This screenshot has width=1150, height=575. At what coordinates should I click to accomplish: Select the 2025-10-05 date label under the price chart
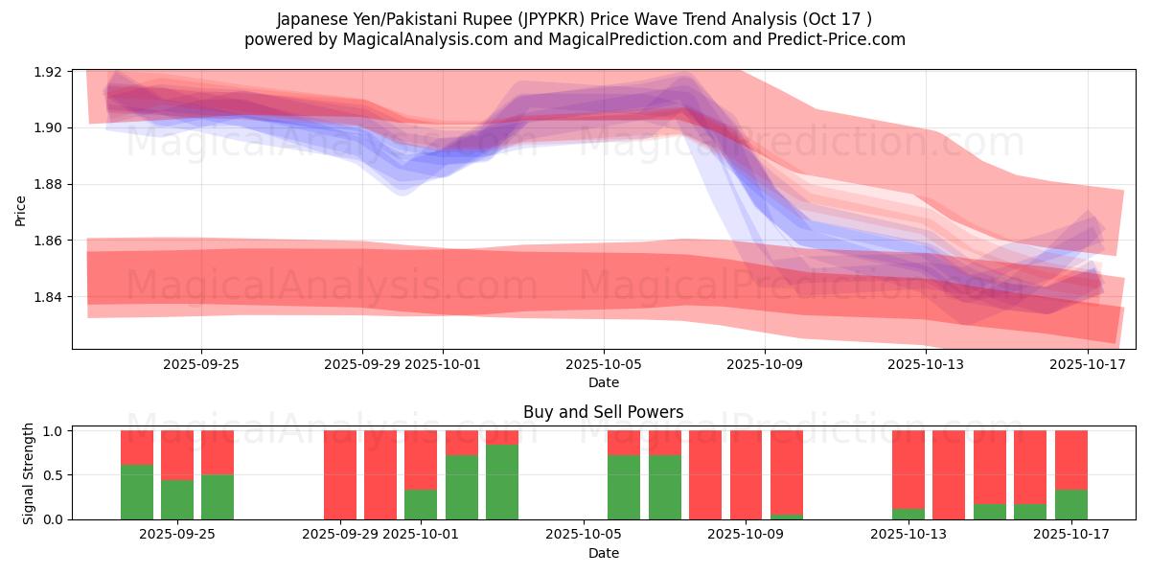click(604, 364)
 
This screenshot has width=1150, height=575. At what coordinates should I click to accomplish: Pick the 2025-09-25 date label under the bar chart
click(176, 535)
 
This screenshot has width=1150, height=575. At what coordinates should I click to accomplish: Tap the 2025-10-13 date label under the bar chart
click(906, 535)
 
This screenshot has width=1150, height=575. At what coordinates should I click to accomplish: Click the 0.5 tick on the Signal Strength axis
click(54, 475)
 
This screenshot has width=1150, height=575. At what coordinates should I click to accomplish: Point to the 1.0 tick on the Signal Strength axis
click(54, 431)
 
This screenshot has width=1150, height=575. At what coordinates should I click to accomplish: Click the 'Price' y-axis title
click(21, 209)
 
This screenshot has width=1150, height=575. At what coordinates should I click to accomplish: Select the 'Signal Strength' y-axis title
click(29, 472)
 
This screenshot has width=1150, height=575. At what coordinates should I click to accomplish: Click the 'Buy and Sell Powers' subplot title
click(603, 412)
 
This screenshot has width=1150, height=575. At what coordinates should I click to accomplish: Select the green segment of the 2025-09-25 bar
click(218, 496)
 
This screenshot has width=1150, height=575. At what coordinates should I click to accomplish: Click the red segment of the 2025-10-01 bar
click(421, 460)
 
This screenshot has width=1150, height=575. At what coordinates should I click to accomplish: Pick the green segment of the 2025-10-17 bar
click(1070, 504)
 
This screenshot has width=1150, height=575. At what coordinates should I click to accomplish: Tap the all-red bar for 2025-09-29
click(339, 474)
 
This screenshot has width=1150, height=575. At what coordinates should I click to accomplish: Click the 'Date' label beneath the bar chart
click(603, 553)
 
